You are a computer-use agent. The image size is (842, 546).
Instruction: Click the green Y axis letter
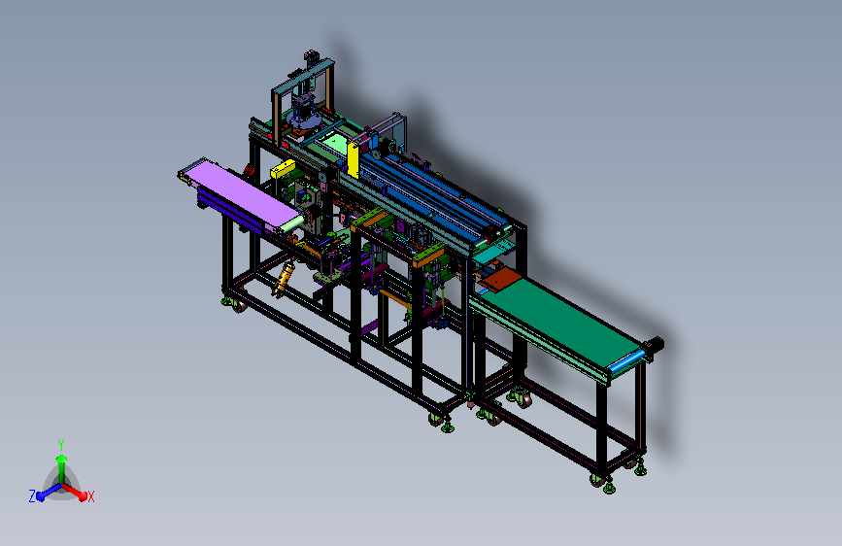[x=61, y=444]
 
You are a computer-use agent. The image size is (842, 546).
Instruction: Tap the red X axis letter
[x=91, y=496]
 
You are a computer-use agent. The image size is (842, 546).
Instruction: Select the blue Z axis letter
[x=32, y=496]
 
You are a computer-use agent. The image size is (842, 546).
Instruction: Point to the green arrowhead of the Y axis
[x=62, y=459]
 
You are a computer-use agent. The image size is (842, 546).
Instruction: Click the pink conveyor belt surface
[x=242, y=194]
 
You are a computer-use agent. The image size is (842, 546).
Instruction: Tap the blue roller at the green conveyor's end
[x=626, y=361]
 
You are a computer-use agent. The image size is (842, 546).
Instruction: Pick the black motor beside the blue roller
[x=657, y=344]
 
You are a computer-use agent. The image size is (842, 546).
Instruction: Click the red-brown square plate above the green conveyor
[x=500, y=279]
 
